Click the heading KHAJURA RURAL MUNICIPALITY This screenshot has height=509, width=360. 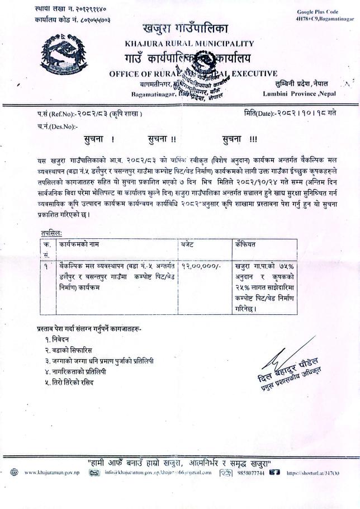[x=190, y=43]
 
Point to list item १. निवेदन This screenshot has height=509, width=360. [x=58, y=340]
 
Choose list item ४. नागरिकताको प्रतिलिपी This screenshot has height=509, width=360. [x=80, y=371]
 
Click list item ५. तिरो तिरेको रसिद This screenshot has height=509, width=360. [x=69, y=382]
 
